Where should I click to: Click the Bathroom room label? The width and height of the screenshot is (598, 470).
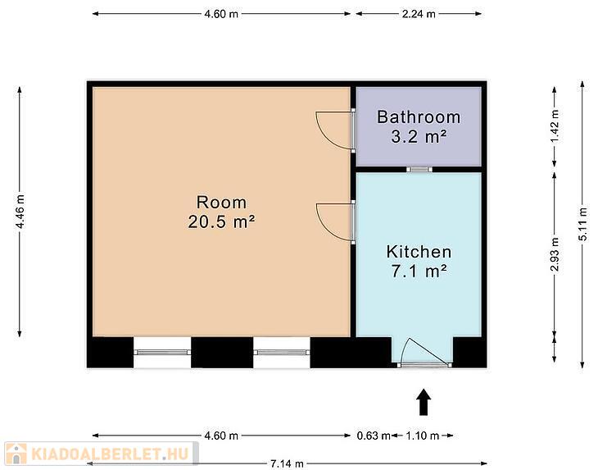point(419,116)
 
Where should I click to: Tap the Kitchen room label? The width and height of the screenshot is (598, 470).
point(419,252)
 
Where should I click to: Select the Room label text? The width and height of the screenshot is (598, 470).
point(221,203)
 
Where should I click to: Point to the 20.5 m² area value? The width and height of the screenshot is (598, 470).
point(221,221)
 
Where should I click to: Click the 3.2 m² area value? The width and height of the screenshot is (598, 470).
point(419,136)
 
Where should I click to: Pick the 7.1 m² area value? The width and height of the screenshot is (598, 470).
point(419,272)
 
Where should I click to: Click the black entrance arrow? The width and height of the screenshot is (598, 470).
point(424,402)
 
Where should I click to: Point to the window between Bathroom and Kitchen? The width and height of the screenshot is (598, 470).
point(419,170)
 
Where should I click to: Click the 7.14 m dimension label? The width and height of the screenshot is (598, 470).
point(287,464)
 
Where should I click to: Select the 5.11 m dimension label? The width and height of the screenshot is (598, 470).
point(582,229)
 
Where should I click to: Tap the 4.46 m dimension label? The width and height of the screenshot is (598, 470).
point(20,212)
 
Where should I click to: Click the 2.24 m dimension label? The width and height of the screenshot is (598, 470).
point(419,14)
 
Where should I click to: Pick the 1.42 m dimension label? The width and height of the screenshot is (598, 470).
point(555,126)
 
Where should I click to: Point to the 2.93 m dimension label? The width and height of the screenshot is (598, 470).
point(555,254)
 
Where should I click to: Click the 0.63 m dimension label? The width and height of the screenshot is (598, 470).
point(374,436)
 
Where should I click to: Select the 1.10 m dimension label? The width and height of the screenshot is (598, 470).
point(423,436)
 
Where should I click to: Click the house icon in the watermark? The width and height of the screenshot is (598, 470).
point(16,454)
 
